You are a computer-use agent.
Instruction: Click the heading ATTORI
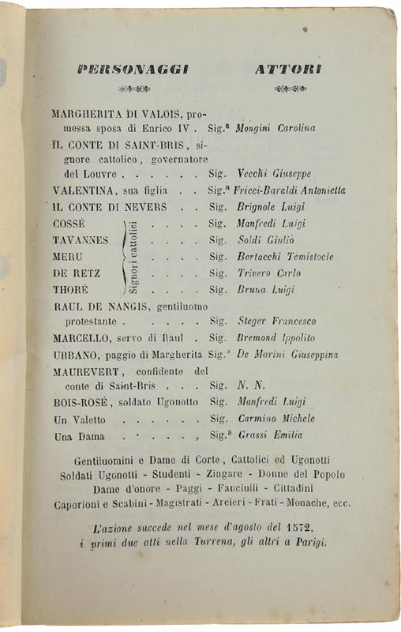[287, 70]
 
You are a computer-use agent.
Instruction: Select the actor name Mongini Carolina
[276, 128]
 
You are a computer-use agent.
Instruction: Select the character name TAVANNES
[81, 240]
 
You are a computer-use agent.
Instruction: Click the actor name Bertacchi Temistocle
[285, 257]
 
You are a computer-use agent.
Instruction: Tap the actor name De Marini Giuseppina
[287, 355]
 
